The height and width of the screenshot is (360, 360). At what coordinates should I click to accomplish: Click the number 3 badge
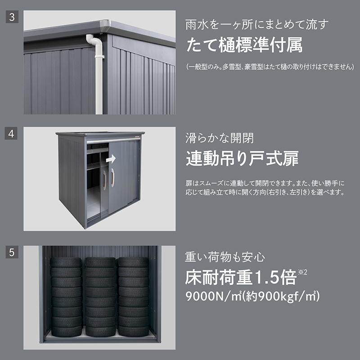(12, 17)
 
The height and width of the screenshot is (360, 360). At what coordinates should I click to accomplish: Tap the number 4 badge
(11, 133)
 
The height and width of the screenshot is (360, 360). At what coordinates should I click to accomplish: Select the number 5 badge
(12, 252)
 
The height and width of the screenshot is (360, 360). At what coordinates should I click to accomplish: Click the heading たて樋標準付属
(244, 45)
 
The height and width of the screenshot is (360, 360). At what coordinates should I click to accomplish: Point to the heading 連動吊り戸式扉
(242, 158)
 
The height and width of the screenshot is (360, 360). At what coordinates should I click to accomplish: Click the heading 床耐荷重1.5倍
(241, 278)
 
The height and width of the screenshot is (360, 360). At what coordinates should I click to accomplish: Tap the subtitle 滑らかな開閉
(220, 139)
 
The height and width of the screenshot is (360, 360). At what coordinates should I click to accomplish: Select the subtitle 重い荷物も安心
(225, 257)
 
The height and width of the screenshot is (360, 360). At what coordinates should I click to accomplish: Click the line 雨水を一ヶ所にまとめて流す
(257, 25)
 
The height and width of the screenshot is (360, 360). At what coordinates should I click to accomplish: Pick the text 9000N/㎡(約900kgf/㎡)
(252, 297)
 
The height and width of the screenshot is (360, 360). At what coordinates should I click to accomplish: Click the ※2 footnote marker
(302, 272)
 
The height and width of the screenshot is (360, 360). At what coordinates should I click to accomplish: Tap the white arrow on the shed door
(111, 159)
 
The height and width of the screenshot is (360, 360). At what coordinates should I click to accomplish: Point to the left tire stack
(66, 297)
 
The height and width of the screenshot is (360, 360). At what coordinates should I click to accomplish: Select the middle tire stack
(100, 297)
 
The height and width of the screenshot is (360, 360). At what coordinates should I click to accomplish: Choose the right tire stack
(133, 297)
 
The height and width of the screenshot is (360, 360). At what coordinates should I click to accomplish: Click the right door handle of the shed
(112, 177)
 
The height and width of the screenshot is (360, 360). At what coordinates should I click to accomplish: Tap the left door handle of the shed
(105, 180)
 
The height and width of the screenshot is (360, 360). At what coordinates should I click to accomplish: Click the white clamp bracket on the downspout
(99, 56)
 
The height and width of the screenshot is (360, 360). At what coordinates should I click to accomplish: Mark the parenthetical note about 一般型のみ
(270, 67)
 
